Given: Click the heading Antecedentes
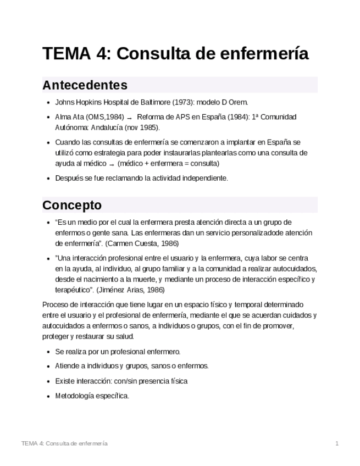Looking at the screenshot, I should coord(85,85).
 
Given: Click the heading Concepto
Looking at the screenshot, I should coord(72,205).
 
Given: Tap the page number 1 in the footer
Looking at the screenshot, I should coord(336,443).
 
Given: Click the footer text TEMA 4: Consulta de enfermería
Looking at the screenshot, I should coord(64,443).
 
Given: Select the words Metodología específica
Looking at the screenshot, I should coord(92,395).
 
